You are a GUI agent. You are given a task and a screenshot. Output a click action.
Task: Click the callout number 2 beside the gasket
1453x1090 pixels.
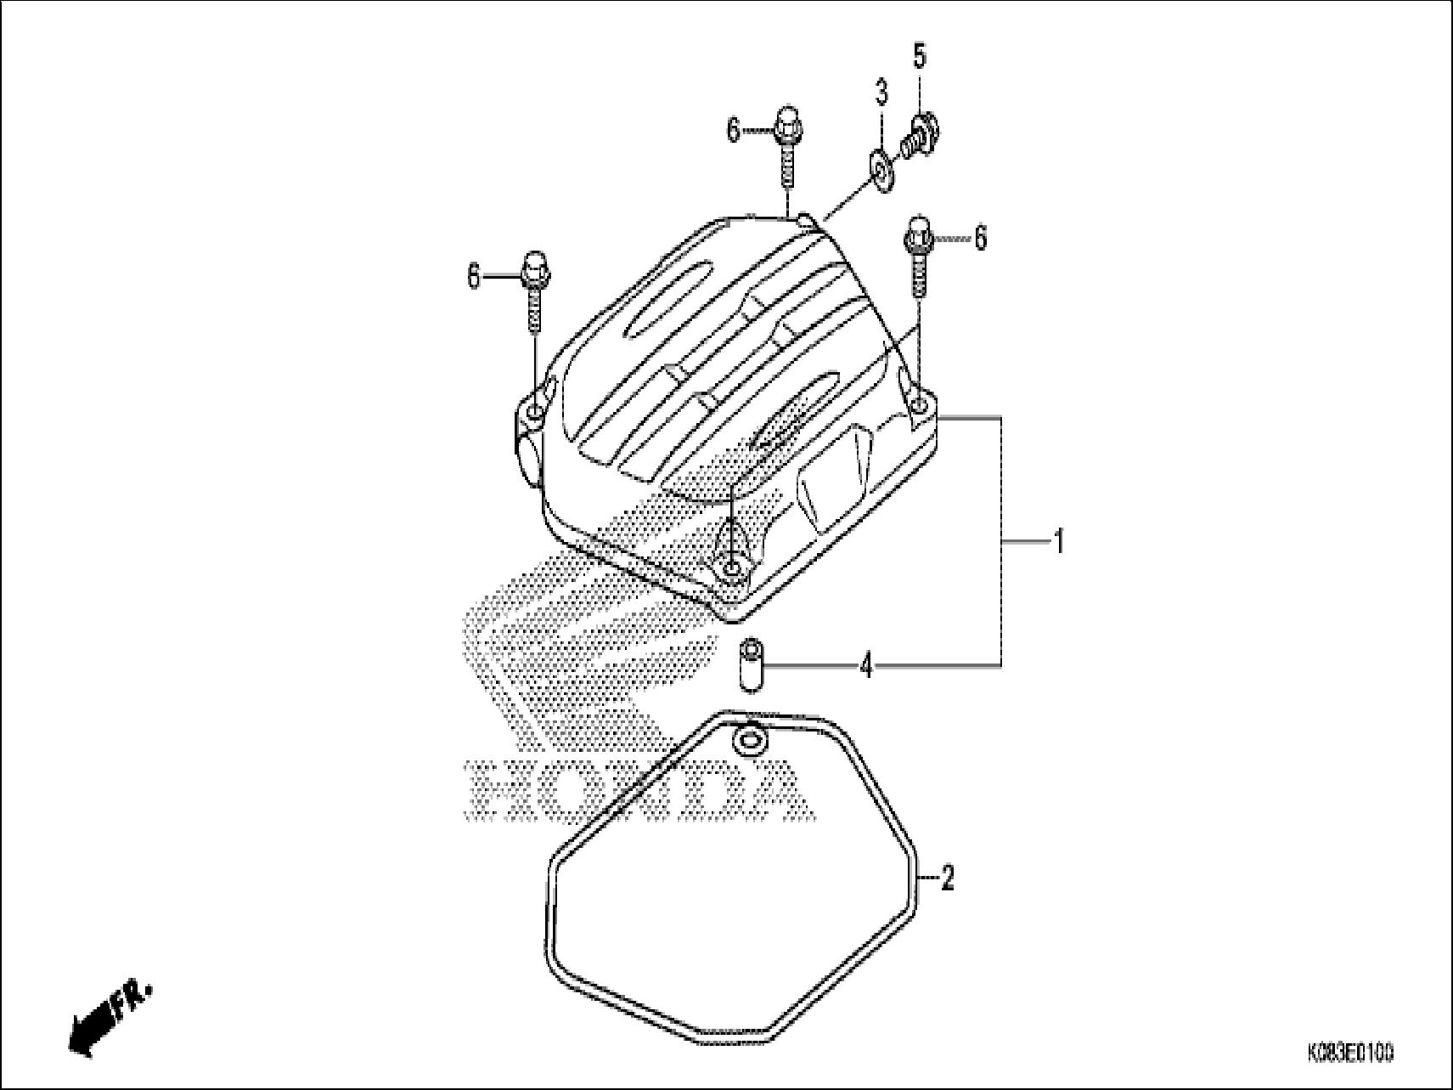pyautogui.click(x=948, y=878)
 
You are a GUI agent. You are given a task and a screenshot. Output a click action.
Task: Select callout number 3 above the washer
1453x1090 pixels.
pyautogui.click(x=881, y=92)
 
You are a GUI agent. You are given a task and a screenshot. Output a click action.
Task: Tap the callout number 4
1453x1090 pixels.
pyautogui.click(x=865, y=666)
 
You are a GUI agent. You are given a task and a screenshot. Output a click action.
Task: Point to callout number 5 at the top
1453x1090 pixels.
pyautogui.click(x=919, y=56)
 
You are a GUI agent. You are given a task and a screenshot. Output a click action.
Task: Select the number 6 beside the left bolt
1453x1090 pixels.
pyautogui.click(x=474, y=276)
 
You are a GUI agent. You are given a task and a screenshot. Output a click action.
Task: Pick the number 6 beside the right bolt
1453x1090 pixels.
pyautogui.click(x=980, y=238)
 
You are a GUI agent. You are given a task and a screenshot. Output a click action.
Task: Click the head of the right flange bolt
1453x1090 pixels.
pyautogui.click(x=919, y=229)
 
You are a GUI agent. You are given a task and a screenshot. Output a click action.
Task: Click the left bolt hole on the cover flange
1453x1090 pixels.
pyautogui.click(x=532, y=413)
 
